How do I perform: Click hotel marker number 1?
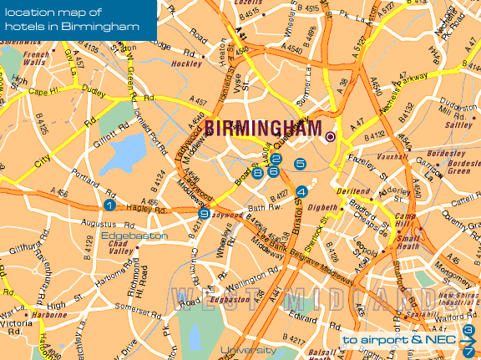109,205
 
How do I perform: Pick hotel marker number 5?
301,164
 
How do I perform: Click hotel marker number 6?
273,171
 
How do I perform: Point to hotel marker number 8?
257,173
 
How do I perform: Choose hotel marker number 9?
204,214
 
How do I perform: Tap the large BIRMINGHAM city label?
263,129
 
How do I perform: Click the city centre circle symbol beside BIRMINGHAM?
331,136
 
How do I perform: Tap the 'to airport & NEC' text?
399,341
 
